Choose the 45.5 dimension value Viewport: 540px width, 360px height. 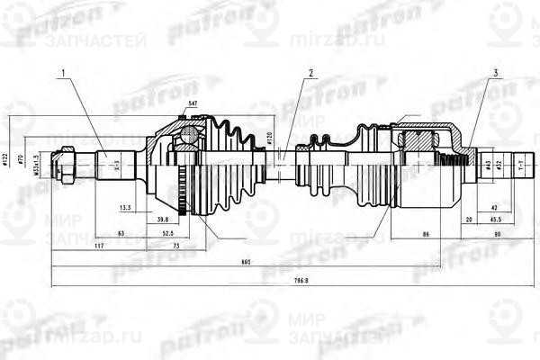click(x=495, y=219)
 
